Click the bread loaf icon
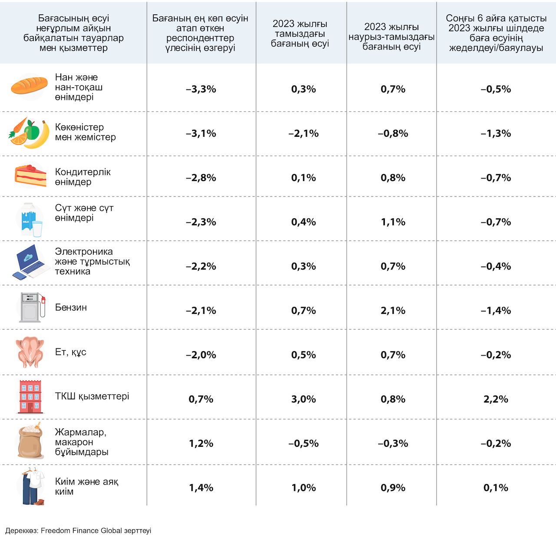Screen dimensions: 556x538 29,85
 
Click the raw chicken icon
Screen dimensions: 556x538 30,352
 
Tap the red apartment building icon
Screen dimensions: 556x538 30,396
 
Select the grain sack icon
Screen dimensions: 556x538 30,441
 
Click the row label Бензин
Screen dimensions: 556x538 71,307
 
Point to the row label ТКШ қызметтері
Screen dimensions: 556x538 92,396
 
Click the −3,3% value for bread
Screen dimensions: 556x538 201,89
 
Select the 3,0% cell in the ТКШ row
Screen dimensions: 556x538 304,399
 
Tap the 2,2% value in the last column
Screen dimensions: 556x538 496,399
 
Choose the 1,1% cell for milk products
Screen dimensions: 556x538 393,222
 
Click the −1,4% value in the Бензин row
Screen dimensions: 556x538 496,310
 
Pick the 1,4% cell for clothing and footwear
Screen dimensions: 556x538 201,488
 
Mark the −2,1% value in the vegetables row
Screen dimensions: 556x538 304,133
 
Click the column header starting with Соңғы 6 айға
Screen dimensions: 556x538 496,33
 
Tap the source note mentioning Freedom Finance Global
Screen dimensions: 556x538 78,530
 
